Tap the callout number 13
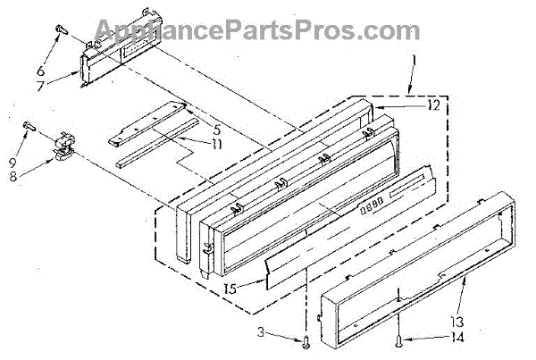457,322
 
